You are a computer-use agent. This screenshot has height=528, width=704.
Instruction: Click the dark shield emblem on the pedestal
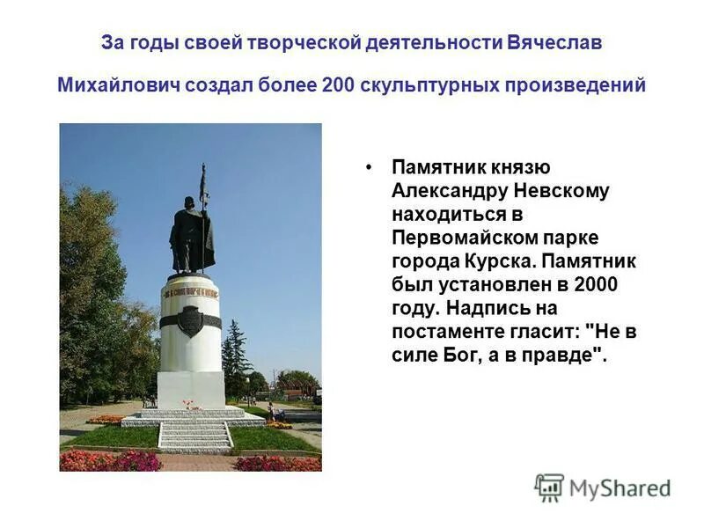point(190,320)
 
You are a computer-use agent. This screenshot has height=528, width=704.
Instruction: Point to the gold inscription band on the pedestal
point(190,290)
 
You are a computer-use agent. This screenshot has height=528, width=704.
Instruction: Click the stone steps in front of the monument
point(194,434)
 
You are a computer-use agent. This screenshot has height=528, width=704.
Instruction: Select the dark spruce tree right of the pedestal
point(235,352)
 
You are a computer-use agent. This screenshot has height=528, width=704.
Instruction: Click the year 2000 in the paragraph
point(595,285)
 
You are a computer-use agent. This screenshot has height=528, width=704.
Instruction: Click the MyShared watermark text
point(620,489)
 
